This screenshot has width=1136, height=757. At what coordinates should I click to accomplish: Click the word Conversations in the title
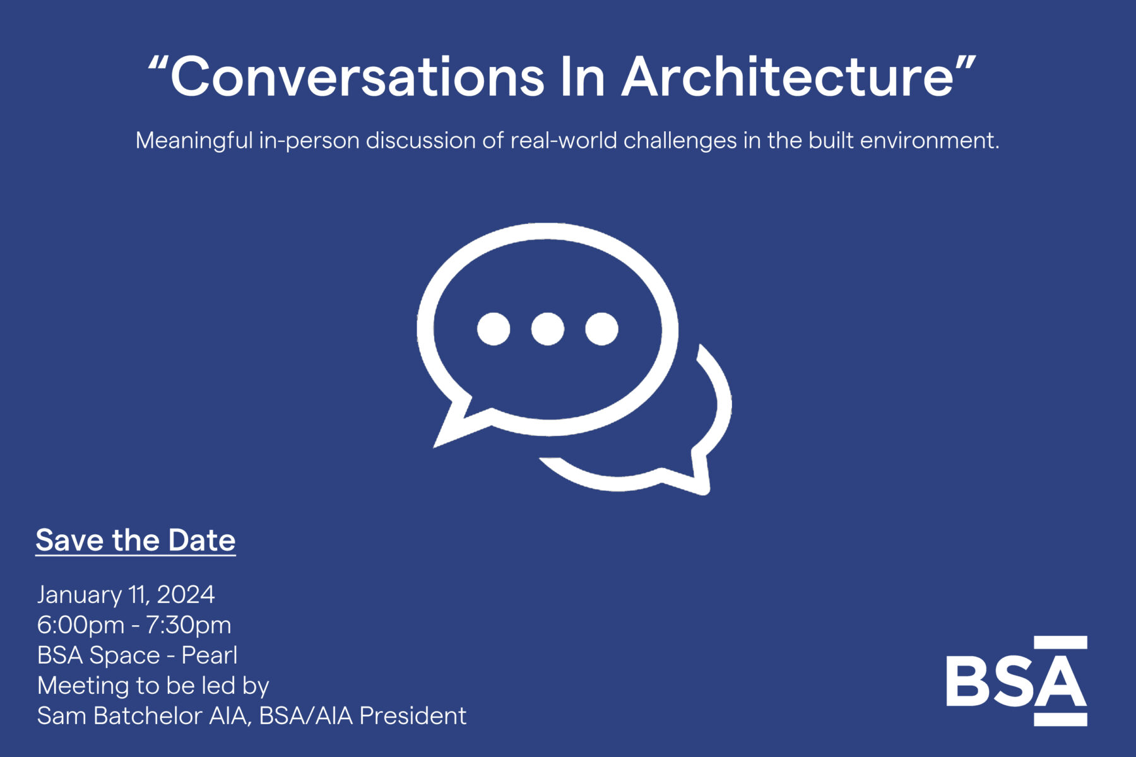(357, 77)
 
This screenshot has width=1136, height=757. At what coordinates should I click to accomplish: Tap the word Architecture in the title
(788, 77)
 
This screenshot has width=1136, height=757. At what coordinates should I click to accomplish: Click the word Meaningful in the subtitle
(194, 141)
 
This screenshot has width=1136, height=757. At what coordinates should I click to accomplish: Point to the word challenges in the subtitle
(680, 140)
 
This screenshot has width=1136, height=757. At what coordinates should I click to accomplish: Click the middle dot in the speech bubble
(547, 329)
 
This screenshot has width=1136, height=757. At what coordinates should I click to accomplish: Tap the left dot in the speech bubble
(494, 329)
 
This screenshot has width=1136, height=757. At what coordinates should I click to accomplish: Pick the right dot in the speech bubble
(601, 329)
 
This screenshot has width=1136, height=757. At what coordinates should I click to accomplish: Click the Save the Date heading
(135, 541)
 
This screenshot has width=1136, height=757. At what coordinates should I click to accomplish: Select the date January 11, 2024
(126, 595)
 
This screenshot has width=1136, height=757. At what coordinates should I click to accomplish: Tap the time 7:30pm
(188, 625)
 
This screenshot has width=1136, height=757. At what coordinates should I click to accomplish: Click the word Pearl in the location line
(209, 655)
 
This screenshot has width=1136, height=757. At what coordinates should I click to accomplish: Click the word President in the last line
(413, 716)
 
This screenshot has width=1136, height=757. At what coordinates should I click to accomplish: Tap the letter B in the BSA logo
(967, 681)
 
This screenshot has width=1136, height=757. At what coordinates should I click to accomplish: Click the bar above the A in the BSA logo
(1060, 643)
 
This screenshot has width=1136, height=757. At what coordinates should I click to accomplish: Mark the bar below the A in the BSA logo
(1060, 719)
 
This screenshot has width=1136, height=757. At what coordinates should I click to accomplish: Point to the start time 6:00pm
(81, 625)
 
